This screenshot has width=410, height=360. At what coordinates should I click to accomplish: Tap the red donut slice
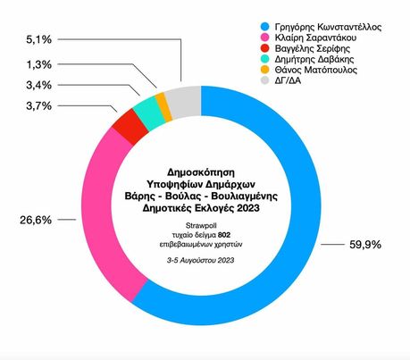click(130, 127)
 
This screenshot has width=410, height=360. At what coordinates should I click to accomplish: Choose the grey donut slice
click(184, 102)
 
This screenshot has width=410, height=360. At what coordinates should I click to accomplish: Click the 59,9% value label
click(365, 245)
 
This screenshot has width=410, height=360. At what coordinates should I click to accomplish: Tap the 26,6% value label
click(36, 220)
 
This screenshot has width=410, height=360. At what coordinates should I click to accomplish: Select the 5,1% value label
click(39, 39)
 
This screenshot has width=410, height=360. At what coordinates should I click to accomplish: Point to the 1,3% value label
click(39, 64)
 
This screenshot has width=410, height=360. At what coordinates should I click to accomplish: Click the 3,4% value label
click(39, 85)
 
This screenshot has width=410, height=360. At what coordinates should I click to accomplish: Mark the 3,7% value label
click(39, 105)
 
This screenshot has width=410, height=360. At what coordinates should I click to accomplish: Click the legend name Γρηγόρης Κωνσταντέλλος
click(328, 27)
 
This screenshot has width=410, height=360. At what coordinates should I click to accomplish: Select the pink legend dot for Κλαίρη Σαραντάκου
click(264, 38)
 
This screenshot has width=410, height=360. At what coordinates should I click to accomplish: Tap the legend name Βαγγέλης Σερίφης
click(313, 48)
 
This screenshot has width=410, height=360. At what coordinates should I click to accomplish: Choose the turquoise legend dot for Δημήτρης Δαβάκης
click(264, 59)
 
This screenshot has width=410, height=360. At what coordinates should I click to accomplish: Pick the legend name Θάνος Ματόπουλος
click(316, 70)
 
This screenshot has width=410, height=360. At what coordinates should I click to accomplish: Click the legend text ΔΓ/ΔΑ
click(288, 80)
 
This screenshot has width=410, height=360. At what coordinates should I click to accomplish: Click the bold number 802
click(224, 235)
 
